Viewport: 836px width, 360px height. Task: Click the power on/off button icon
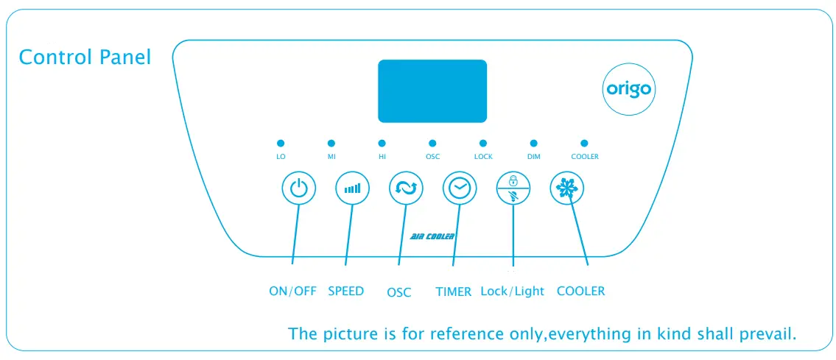(299, 189)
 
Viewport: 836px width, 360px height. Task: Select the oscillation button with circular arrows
(406, 189)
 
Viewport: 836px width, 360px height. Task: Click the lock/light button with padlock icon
(513, 189)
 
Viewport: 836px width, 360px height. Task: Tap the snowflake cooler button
(566, 189)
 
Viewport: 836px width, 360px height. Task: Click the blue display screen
(432, 91)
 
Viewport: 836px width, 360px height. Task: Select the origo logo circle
(628, 90)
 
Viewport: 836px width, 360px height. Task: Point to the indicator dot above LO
(281, 143)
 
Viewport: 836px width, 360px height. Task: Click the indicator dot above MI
(331, 143)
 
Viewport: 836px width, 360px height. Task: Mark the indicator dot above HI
(382, 143)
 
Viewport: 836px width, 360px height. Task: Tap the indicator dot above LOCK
(483, 143)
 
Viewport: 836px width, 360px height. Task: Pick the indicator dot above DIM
(534, 143)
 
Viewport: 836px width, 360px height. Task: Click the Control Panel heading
(85, 57)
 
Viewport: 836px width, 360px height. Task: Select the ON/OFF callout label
(292, 291)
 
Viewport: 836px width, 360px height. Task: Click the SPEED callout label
(345, 291)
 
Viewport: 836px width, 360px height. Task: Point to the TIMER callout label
(453, 292)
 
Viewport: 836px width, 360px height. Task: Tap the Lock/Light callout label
(512, 291)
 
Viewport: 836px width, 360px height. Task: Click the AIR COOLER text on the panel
(432, 236)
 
